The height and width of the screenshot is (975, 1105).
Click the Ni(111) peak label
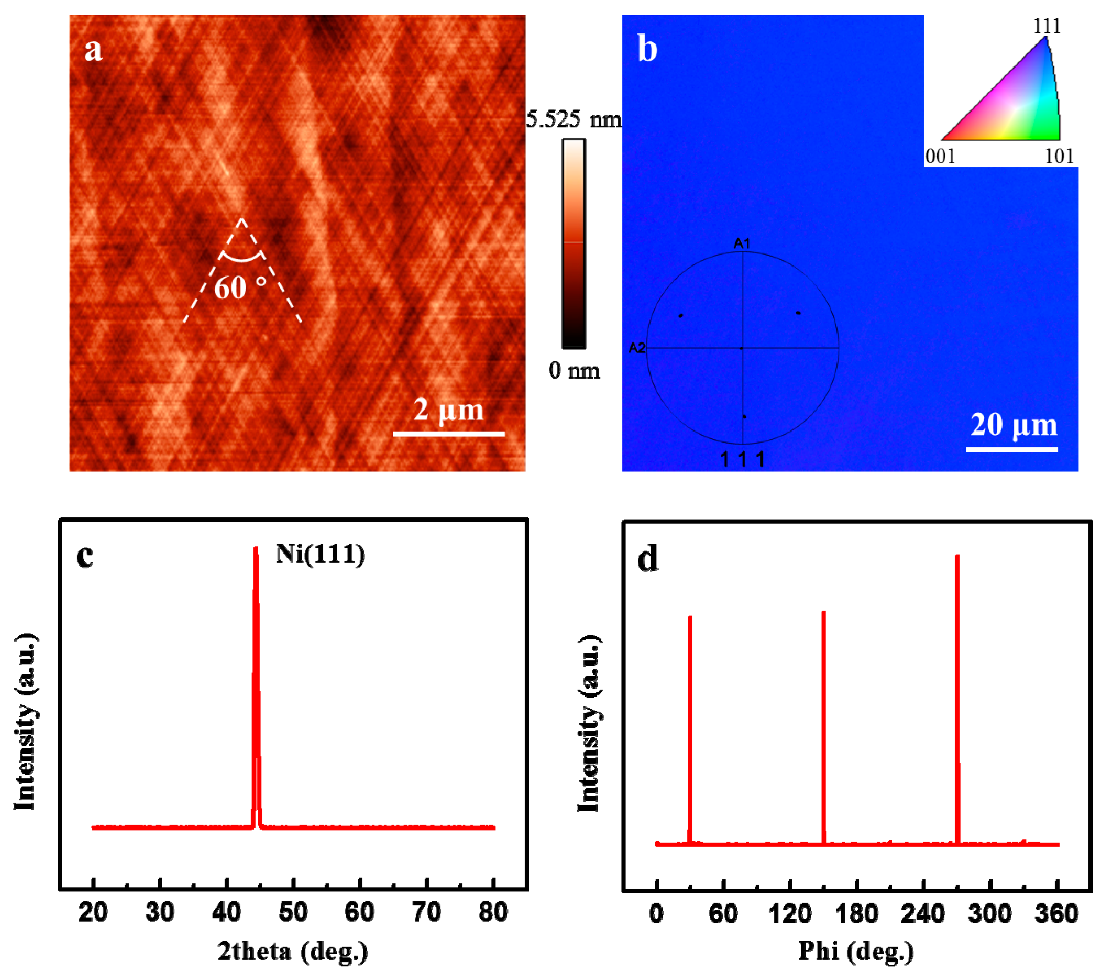(320, 554)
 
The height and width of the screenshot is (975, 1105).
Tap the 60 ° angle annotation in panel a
(240, 287)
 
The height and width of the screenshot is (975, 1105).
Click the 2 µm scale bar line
(449, 434)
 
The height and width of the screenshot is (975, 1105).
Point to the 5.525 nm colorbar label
(573, 119)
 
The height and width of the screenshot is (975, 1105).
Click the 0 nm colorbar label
(573, 370)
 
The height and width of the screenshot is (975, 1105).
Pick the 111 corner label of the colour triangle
(1046, 26)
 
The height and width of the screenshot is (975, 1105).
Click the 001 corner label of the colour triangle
(940, 156)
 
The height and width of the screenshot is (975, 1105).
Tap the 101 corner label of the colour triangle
(1059, 156)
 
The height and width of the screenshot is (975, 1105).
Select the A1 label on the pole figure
(742, 243)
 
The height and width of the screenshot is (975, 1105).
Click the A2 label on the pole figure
(637, 347)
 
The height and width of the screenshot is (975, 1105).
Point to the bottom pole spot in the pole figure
(744, 416)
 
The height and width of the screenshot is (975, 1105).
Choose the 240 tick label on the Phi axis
(922, 913)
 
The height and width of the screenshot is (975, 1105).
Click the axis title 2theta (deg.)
(292, 951)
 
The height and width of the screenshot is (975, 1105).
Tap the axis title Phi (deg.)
(856, 951)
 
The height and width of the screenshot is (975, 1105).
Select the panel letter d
(647, 559)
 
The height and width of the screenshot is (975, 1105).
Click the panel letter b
(647, 49)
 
